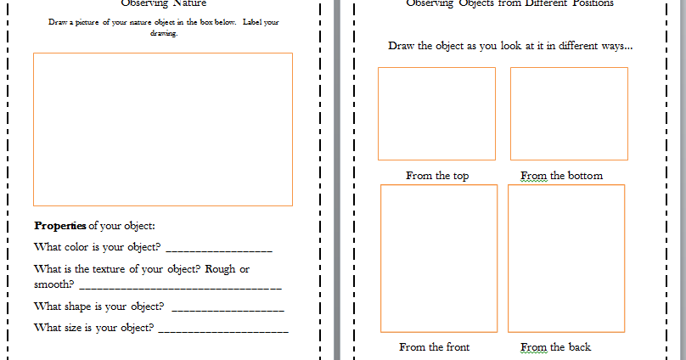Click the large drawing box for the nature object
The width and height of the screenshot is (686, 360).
(x=163, y=129)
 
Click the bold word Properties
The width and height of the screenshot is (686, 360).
(x=60, y=226)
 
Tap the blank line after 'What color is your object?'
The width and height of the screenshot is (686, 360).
(x=219, y=250)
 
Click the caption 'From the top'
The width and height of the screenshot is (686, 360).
(x=437, y=176)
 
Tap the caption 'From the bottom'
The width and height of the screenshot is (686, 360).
(x=561, y=176)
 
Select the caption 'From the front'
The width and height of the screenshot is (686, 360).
(x=434, y=346)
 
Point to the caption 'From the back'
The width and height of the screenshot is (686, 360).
(x=555, y=346)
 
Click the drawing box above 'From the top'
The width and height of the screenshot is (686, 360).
(x=436, y=113)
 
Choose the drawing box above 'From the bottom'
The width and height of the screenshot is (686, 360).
(x=569, y=113)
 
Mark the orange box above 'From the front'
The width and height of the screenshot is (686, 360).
(x=439, y=258)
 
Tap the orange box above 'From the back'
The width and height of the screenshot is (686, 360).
(x=566, y=258)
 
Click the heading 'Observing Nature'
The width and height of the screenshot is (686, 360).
(x=163, y=3)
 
